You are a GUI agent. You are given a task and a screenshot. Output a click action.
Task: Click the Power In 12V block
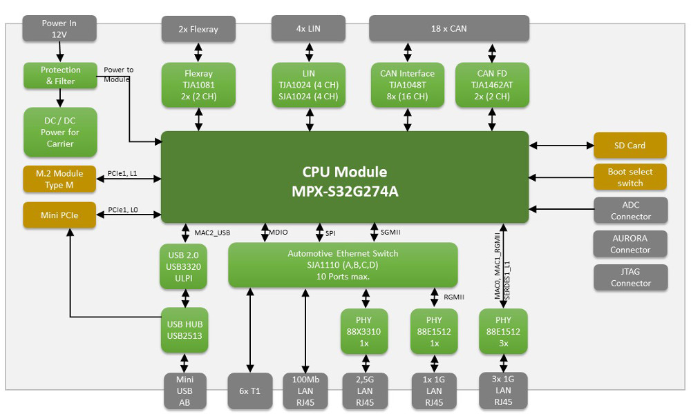pyautogui.click(x=59, y=29)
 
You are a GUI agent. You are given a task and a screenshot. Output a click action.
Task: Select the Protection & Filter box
pyautogui.click(x=60, y=76)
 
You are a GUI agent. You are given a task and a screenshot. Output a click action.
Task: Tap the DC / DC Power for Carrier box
pyautogui.click(x=60, y=132)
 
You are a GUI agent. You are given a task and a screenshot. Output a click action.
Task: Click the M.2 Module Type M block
pyautogui.click(x=59, y=179)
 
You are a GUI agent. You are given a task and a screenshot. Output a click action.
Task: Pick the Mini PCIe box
pyautogui.click(x=59, y=215)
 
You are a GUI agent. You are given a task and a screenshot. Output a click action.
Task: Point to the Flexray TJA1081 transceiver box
pyautogui.click(x=199, y=85)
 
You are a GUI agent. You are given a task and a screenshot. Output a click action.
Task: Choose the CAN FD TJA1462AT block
pyautogui.click(x=492, y=85)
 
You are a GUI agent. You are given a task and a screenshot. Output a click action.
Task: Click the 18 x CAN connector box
pyautogui.click(x=448, y=29)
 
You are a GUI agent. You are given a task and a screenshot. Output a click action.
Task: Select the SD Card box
pyautogui.click(x=630, y=146)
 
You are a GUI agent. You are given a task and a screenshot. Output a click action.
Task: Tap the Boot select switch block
pyautogui.click(x=630, y=177)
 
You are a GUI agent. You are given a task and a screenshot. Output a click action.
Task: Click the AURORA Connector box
pyautogui.click(x=630, y=244)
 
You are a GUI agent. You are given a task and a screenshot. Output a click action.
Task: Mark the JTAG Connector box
pyautogui.click(x=630, y=277)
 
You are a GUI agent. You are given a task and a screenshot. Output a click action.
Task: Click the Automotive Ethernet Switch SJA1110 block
pyautogui.click(x=343, y=265)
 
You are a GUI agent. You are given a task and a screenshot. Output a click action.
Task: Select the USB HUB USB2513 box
pyautogui.click(x=184, y=330)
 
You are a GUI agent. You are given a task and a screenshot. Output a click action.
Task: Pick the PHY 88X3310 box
pyautogui.click(x=364, y=331)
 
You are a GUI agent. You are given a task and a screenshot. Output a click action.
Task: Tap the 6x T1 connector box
pyautogui.click(x=250, y=391)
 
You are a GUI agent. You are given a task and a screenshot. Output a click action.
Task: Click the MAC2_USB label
pyautogui.click(x=211, y=233)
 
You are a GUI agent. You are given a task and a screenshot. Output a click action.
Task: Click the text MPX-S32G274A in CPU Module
pyautogui.click(x=345, y=191)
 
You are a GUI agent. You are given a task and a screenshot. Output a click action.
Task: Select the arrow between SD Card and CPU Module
pyautogui.click(x=561, y=146)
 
